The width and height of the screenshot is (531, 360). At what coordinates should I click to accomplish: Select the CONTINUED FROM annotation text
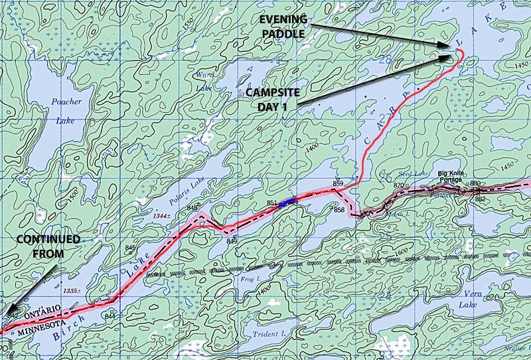49,245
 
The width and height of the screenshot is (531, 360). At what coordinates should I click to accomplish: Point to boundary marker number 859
338,183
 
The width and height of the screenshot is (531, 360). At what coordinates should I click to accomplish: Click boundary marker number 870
398,185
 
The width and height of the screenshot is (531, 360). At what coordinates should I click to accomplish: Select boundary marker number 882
480,198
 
